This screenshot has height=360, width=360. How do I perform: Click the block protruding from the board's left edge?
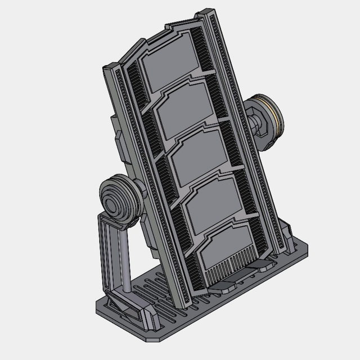(x=119, y=138)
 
